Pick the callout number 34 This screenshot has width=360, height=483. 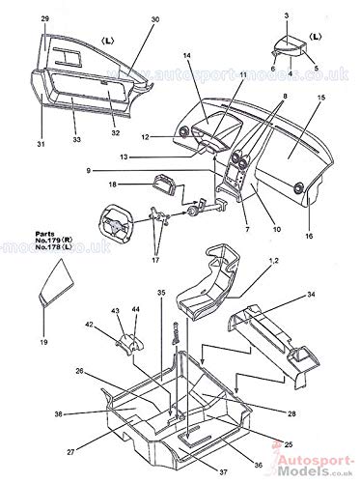[312, 294]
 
